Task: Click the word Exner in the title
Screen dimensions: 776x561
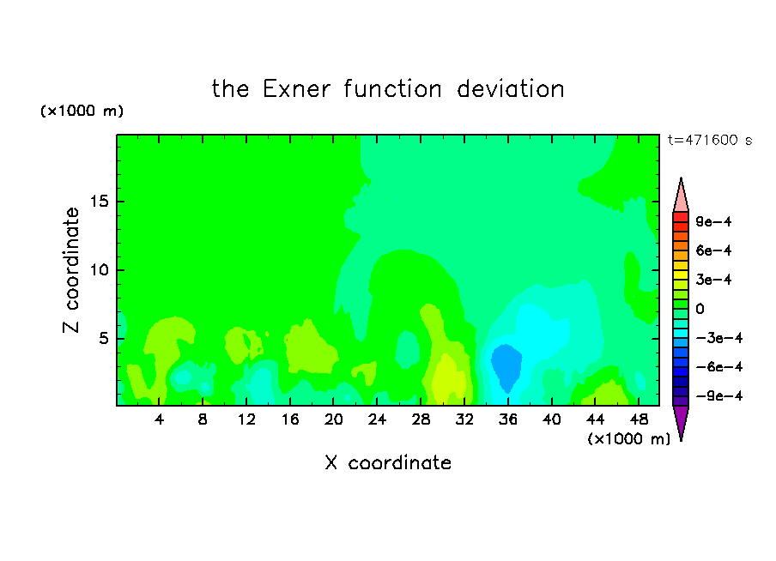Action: pyautogui.click(x=296, y=89)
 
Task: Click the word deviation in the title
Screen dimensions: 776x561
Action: pyautogui.click(x=510, y=89)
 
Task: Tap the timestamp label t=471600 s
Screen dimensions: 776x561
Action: pyautogui.click(x=710, y=140)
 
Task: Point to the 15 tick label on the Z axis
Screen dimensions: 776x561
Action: pyautogui.click(x=100, y=202)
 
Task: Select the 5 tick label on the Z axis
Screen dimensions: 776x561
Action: pyautogui.click(x=104, y=338)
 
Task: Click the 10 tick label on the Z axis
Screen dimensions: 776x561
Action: pyautogui.click(x=100, y=270)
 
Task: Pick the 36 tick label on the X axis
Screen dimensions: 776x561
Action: pyautogui.click(x=508, y=419)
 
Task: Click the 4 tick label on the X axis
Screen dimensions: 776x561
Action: pyautogui.click(x=159, y=419)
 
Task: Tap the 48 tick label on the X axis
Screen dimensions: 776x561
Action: pyautogui.click(x=639, y=419)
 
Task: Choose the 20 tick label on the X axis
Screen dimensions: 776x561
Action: pyautogui.click(x=333, y=419)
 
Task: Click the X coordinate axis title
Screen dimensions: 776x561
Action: pyautogui.click(x=388, y=462)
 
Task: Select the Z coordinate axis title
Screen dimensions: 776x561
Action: pyautogui.click(x=71, y=270)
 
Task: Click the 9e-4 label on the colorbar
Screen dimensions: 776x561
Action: pyautogui.click(x=713, y=221)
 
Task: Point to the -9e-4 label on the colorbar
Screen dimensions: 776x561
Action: pyautogui.click(x=719, y=395)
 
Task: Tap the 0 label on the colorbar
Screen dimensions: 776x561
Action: pyautogui.click(x=700, y=309)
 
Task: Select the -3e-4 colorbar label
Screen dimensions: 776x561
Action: pyautogui.click(x=719, y=338)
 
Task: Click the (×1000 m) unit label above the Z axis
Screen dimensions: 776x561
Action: pyautogui.click(x=82, y=111)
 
